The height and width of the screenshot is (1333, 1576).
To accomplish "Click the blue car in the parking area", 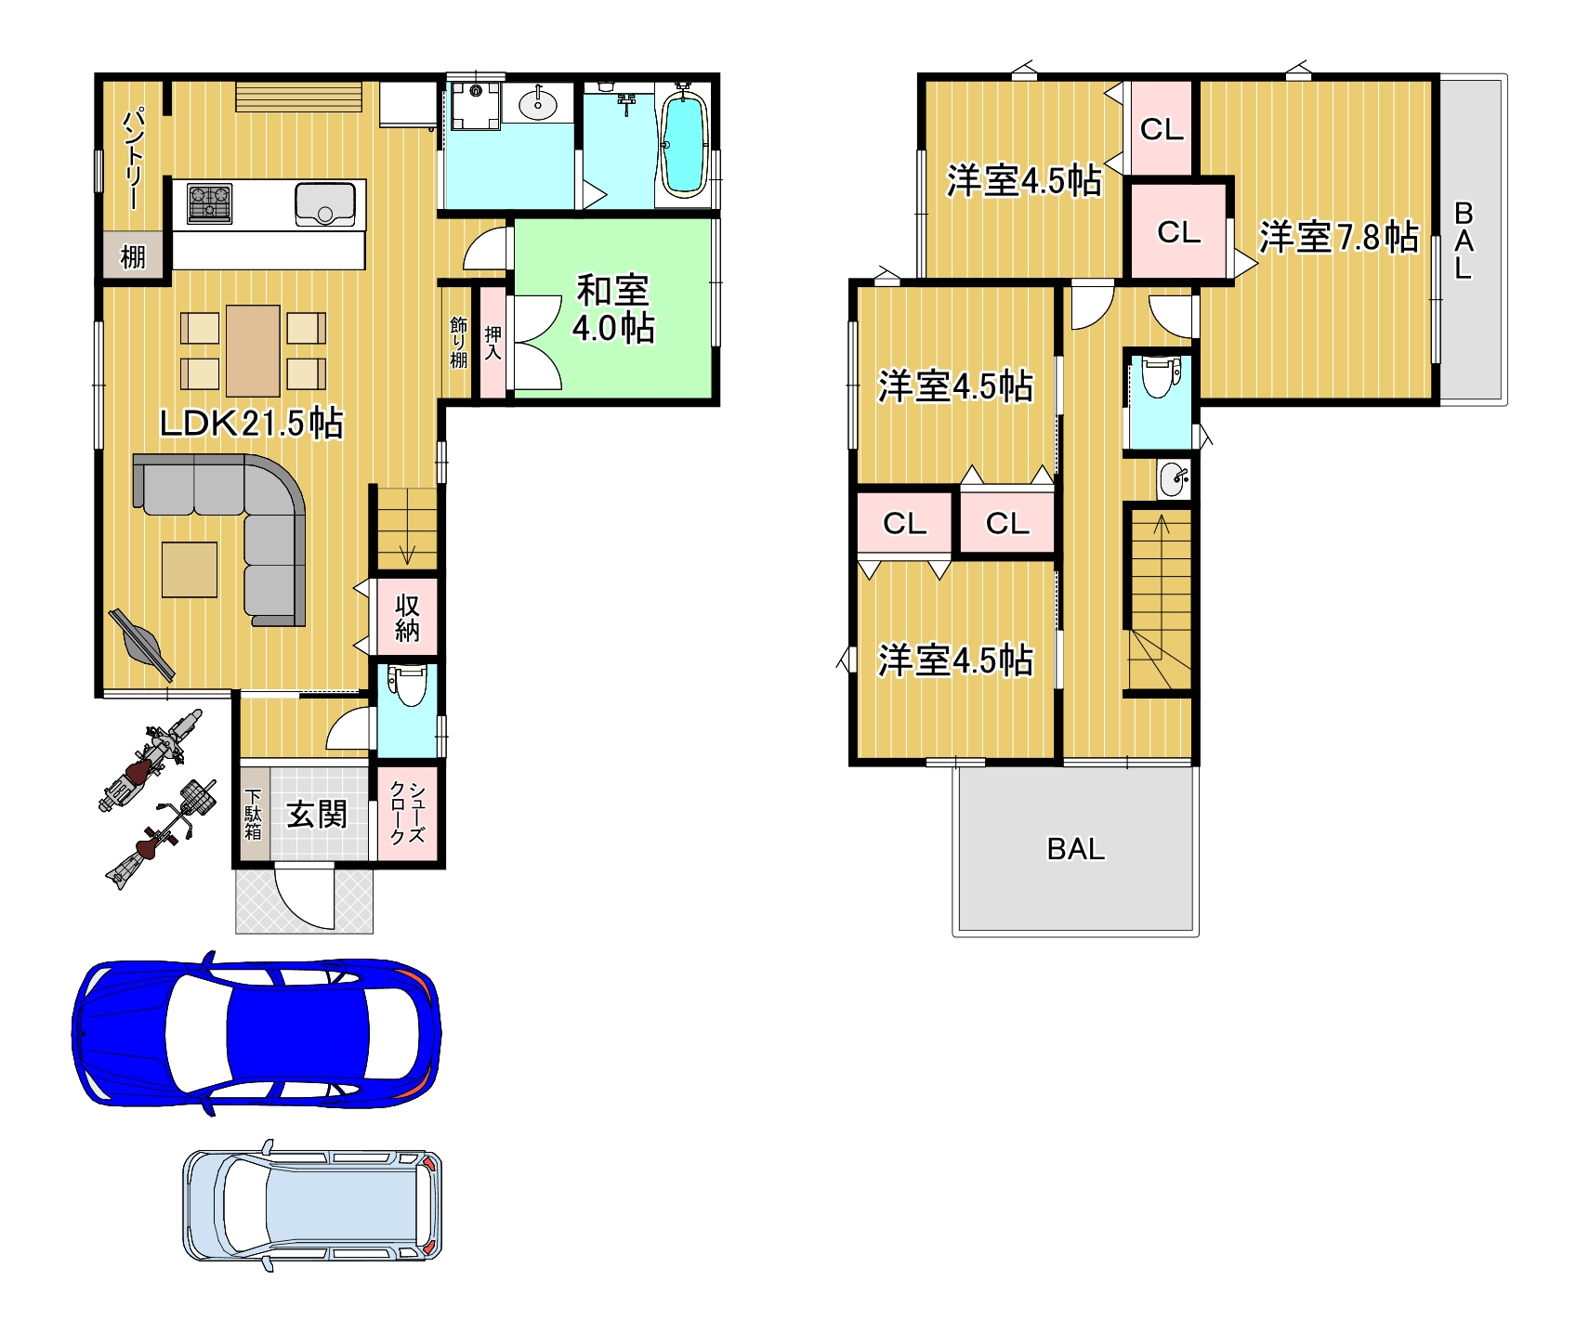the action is [256, 1032].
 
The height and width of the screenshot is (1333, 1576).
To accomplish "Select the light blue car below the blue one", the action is [312, 1205].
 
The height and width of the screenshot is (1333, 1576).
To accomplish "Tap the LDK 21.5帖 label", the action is [251, 424].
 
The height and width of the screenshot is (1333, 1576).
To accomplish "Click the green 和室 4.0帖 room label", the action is [613, 309].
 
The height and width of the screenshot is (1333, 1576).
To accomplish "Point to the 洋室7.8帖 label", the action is [1338, 237].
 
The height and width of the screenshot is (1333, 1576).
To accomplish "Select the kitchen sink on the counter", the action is [325, 204].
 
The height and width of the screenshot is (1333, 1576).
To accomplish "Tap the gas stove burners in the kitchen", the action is [209, 203].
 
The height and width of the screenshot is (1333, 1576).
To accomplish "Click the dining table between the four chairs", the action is [253, 350].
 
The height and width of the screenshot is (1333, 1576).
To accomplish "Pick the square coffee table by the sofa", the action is [190, 568].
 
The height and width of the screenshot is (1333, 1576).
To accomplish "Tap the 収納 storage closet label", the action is [407, 618].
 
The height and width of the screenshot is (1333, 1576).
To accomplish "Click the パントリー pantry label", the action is [133, 159].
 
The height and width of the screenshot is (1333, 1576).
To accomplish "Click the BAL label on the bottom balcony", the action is [1076, 849].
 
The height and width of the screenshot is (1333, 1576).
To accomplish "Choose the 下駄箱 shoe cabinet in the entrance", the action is [254, 814].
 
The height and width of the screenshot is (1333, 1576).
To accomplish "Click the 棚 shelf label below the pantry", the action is [133, 256].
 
